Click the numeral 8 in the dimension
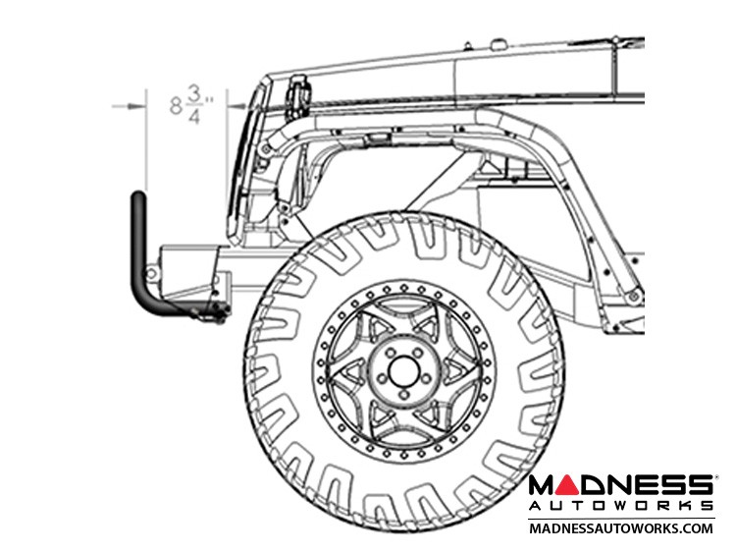click(176, 106)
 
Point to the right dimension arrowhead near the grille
click(237, 107)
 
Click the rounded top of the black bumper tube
click(138, 195)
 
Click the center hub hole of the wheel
click(403, 369)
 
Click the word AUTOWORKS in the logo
click(620, 506)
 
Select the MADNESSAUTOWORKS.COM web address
click(621, 528)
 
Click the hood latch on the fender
click(297, 98)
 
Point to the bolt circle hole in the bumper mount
click(151, 272)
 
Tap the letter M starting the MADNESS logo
click(543, 485)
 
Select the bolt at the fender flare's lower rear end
click(634, 296)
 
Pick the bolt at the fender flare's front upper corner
click(266, 149)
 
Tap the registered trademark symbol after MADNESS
click(714, 477)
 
